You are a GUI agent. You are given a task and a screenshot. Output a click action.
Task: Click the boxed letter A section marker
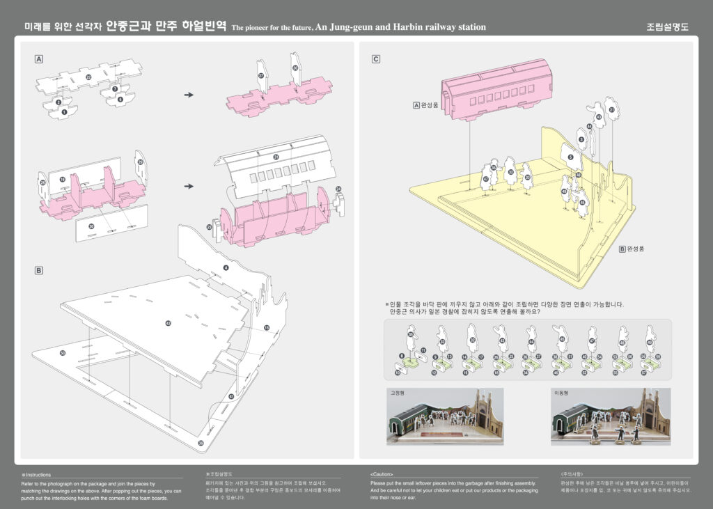tap(40, 59)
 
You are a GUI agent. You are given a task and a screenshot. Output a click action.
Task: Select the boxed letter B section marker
tap(40, 270)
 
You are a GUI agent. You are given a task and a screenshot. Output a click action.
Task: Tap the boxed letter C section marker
tap(376, 59)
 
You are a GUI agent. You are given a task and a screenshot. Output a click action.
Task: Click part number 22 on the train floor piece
tap(88, 77)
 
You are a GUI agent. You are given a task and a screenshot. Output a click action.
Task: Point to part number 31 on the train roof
tap(276, 157)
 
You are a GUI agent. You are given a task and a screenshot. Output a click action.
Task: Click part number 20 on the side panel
tap(92, 226)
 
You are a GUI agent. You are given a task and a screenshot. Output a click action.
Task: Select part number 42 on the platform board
tap(168, 323)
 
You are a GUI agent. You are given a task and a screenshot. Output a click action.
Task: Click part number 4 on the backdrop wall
tap(226, 267)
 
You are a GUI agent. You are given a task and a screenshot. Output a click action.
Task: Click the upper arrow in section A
tap(188, 95)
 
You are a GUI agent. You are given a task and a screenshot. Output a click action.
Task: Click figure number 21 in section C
tap(611, 109)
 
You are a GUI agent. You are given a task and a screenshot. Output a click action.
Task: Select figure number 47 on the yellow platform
tap(485, 178)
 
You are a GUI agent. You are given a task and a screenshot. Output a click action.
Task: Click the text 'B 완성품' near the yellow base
tap(632, 247)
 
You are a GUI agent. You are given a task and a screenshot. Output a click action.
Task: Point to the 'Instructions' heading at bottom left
tap(38, 474)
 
